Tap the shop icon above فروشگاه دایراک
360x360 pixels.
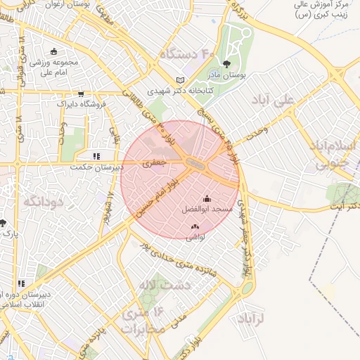tap(82, 94)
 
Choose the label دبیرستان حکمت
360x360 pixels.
tap(99, 167)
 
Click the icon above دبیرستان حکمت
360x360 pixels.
tap(96, 156)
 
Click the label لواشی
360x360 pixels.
tap(195, 237)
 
